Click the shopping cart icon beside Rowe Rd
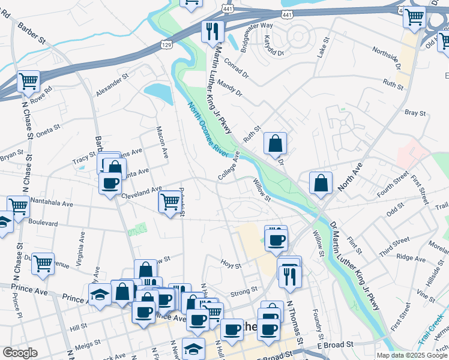pyautogui.click(x=28, y=81)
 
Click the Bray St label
pyautogui.click(x=415, y=112)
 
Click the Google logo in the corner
pyautogui.click(x=20, y=353)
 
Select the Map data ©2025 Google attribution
pyautogui.click(x=412, y=355)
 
